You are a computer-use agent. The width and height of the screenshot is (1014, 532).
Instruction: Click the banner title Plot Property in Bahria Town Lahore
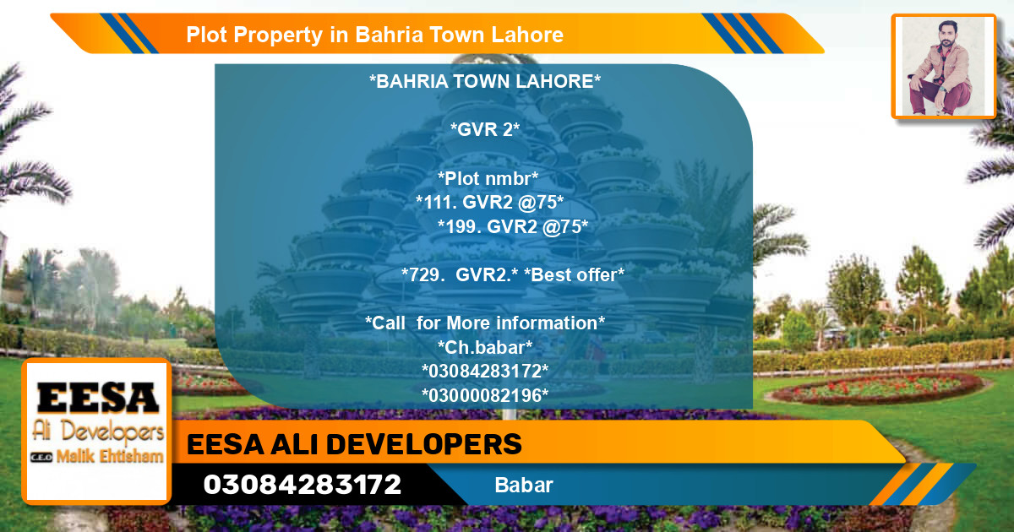tap(374, 35)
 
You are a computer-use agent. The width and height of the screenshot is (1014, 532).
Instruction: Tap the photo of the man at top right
tap(942, 67)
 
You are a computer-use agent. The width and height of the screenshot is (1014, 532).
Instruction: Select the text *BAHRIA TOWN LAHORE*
tap(485, 82)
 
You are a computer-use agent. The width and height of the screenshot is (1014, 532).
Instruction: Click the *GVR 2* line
tap(485, 130)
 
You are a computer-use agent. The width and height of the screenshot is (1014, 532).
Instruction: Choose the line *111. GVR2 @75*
tap(490, 202)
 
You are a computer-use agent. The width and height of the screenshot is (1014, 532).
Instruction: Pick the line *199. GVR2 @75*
tap(513, 225)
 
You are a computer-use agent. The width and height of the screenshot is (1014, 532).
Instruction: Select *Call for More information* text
tap(485, 323)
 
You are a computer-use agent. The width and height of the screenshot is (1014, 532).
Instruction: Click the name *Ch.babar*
tap(485, 347)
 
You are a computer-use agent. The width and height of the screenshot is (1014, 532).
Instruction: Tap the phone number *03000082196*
tap(485, 394)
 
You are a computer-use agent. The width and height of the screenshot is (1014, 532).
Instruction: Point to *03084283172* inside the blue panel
tap(485, 371)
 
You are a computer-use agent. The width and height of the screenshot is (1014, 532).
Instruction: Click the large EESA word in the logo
tap(98, 398)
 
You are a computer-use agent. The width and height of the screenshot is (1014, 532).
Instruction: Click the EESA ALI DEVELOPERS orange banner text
tap(354, 444)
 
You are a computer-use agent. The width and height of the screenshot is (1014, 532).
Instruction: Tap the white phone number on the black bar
tap(302, 485)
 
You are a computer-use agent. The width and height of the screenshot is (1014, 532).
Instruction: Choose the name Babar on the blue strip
tap(524, 486)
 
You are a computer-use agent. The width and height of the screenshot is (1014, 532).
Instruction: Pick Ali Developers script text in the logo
tap(97, 432)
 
